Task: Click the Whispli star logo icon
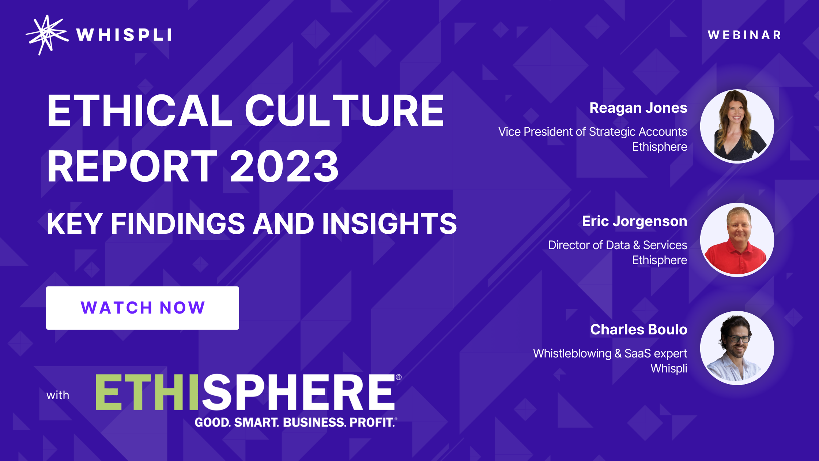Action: click(x=47, y=35)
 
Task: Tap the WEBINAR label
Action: click(x=744, y=35)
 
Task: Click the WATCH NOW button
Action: click(x=143, y=308)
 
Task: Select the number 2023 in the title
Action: click(x=284, y=166)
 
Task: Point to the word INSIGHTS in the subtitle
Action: click(x=389, y=224)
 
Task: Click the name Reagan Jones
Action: click(x=638, y=108)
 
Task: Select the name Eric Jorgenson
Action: click(x=634, y=221)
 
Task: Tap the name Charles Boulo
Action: click(x=639, y=329)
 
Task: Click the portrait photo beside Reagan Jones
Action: click(x=737, y=126)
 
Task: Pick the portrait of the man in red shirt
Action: click(x=737, y=240)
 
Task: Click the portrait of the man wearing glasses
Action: click(x=737, y=348)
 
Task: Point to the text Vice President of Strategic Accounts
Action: click(x=593, y=132)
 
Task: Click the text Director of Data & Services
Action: click(x=618, y=245)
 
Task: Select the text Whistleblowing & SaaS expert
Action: click(x=610, y=353)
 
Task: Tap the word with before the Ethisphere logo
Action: click(x=58, y=395)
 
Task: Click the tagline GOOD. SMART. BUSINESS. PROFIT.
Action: click(x=296, y=422)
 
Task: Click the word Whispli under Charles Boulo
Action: click(x=669, y=368)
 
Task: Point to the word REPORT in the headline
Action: click(x=132, y=166)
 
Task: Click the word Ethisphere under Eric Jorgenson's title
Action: click(x=660, y=260)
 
